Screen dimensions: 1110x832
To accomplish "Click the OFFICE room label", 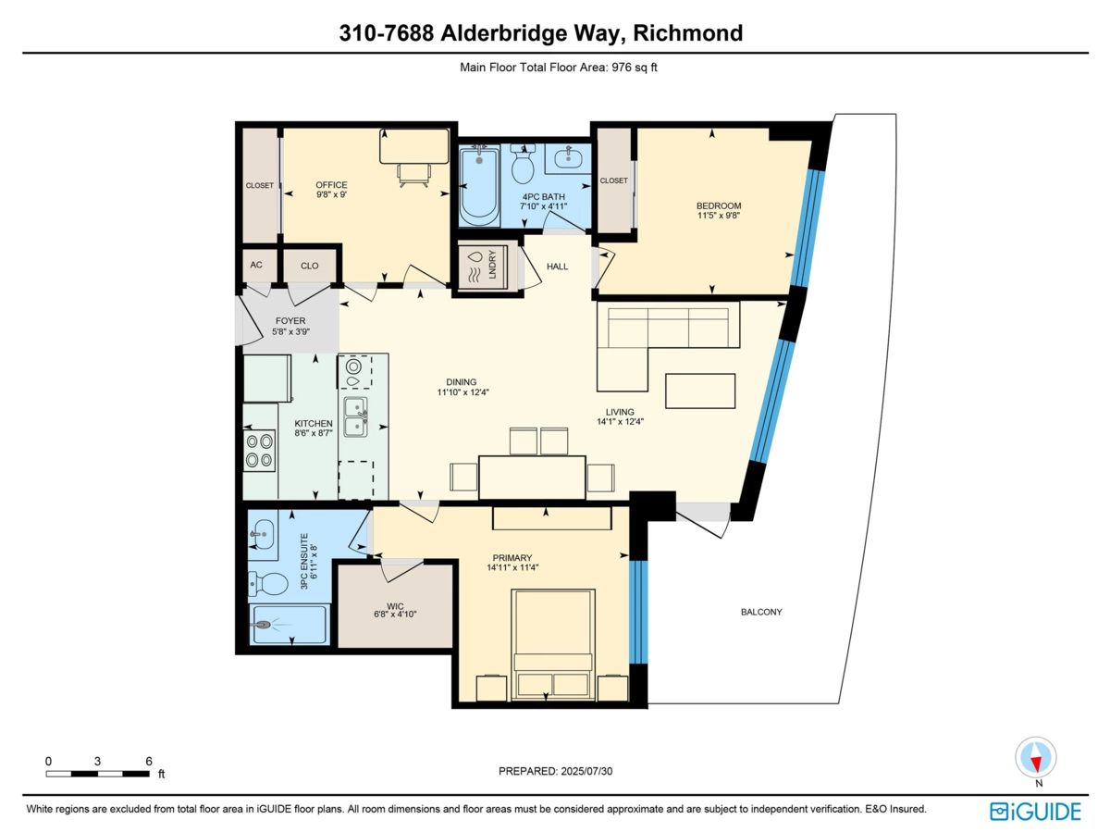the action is click(331, 185).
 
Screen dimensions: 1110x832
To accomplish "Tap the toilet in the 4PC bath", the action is click(523, 164).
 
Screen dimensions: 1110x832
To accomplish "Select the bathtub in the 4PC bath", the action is click(479, 185).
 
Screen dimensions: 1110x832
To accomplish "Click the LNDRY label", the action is click(492, 265).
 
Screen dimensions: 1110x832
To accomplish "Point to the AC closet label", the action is click(256, 265).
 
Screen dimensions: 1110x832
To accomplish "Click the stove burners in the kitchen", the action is click(259, 451).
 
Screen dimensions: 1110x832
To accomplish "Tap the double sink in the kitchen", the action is click(355, 416).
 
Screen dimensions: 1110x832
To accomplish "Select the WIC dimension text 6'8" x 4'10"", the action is click(395, 615).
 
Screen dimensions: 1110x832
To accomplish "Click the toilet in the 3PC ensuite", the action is click(268, 584).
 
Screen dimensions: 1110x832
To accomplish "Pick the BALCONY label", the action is click(761, 612).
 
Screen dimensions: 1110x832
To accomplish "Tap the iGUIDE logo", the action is click(1035, 812).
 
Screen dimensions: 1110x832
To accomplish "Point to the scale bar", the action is click(98, 774).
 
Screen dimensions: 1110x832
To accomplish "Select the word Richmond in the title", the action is click(688, 33).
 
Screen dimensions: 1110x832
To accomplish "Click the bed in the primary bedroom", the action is click(553, 644).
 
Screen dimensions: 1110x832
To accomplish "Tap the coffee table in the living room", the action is click(700, 391).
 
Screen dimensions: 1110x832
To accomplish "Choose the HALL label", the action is click(557, 267).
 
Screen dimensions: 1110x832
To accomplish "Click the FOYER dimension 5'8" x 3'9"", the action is click(290, 332).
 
